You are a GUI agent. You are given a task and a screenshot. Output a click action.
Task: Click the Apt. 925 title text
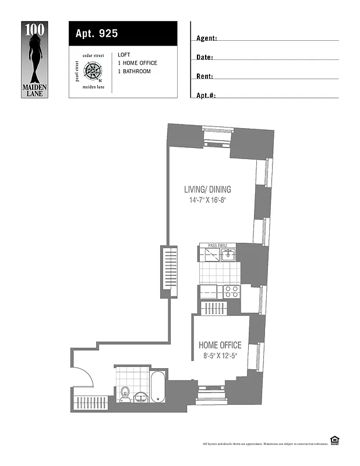(97, 34)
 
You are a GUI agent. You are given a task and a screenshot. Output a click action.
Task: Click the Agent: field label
(207, 38)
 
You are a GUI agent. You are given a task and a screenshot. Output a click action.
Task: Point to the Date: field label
(204, 58)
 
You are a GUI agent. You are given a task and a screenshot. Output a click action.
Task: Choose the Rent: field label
(204, 76)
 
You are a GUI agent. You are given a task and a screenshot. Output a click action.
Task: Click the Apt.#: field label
(206, 95)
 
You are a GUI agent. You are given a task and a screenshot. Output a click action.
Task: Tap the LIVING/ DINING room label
(207, 189)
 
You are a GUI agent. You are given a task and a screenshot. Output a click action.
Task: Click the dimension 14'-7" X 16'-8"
(207, 200)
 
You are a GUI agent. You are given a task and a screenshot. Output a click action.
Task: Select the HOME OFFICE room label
(220, 345)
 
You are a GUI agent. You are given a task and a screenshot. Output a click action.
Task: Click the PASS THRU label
(217, 246)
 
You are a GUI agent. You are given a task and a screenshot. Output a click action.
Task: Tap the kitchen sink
(228, 254)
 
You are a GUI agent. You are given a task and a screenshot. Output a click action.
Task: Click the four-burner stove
(231, 291)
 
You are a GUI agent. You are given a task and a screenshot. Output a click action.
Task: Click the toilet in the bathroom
(125, 396)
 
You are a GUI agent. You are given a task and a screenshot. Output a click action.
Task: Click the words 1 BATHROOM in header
(134, 72)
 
